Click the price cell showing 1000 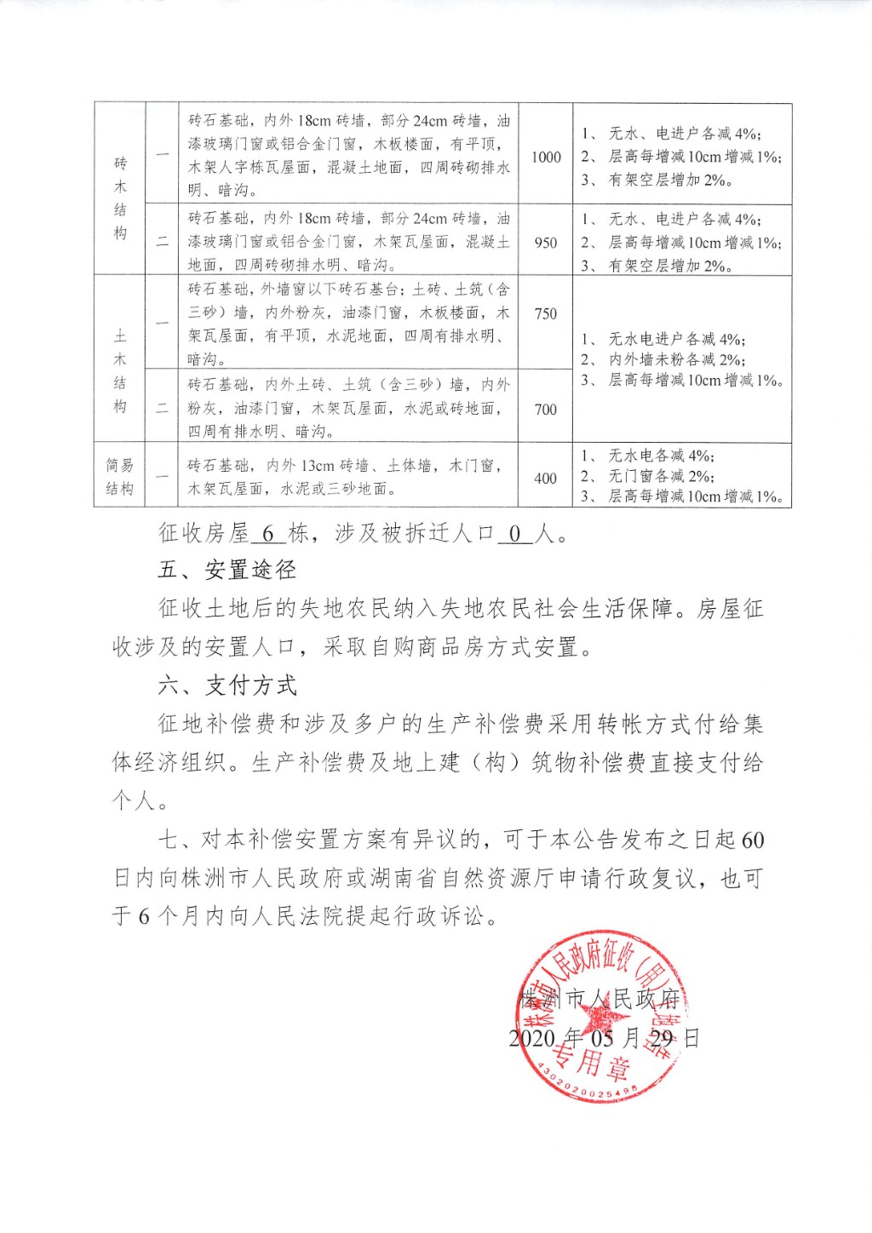click(x=546, y=157)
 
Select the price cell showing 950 click(x=546, y=243)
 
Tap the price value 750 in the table click(x=546, y=313)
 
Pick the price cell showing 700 click(x=546, y=410)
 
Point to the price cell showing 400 click(x=546, y=479)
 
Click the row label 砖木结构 click(x=120, y=198)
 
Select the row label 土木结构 click(x=120, y=371)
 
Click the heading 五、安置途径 click(x=227, y=570)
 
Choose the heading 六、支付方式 click(x=227, y=685)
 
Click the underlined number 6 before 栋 click(x=268, y=535)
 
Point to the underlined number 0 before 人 click(x=514, y=535)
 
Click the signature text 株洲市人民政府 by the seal click(x=599, y=998)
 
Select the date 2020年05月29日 click(x=604, y=1038)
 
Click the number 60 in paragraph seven click(x=753, y=840)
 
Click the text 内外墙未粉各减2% click(x=676, y=360)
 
